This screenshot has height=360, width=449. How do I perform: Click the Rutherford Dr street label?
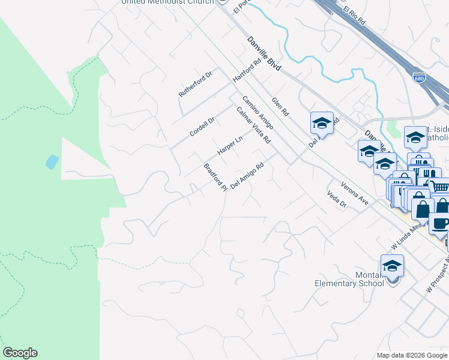196,85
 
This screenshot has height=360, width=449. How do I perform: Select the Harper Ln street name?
229,145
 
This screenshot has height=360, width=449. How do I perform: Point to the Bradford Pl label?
215,177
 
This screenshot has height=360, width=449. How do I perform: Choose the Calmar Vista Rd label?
253,125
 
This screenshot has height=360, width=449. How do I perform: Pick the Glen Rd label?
280,106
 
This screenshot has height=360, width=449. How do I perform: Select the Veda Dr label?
337,200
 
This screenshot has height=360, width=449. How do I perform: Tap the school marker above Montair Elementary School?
392,266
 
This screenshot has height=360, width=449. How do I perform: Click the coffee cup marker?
440,224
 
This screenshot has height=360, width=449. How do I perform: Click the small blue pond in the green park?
52,161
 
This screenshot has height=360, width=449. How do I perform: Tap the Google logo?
20,353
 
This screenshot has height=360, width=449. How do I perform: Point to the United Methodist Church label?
167,2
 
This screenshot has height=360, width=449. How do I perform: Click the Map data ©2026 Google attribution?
412,355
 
